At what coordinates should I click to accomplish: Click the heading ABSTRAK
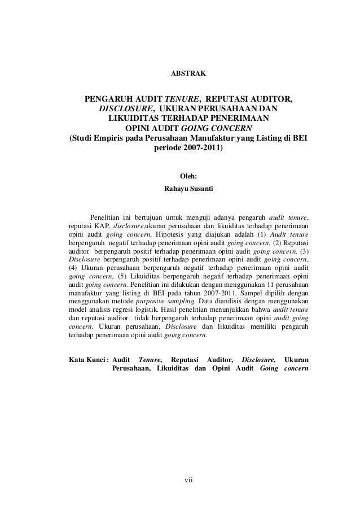click(x=180, y=74)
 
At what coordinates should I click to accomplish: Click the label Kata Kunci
click(x=88, y=358)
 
